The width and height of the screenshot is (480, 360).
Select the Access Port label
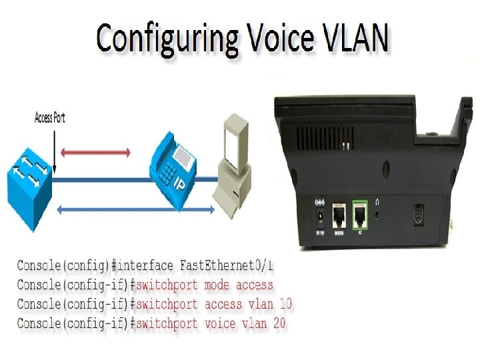coord(49,119)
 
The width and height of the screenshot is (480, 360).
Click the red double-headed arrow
coord(96,153)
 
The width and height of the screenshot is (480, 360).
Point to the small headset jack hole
coord(379,215)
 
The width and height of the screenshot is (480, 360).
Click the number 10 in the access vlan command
coord(285,305)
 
